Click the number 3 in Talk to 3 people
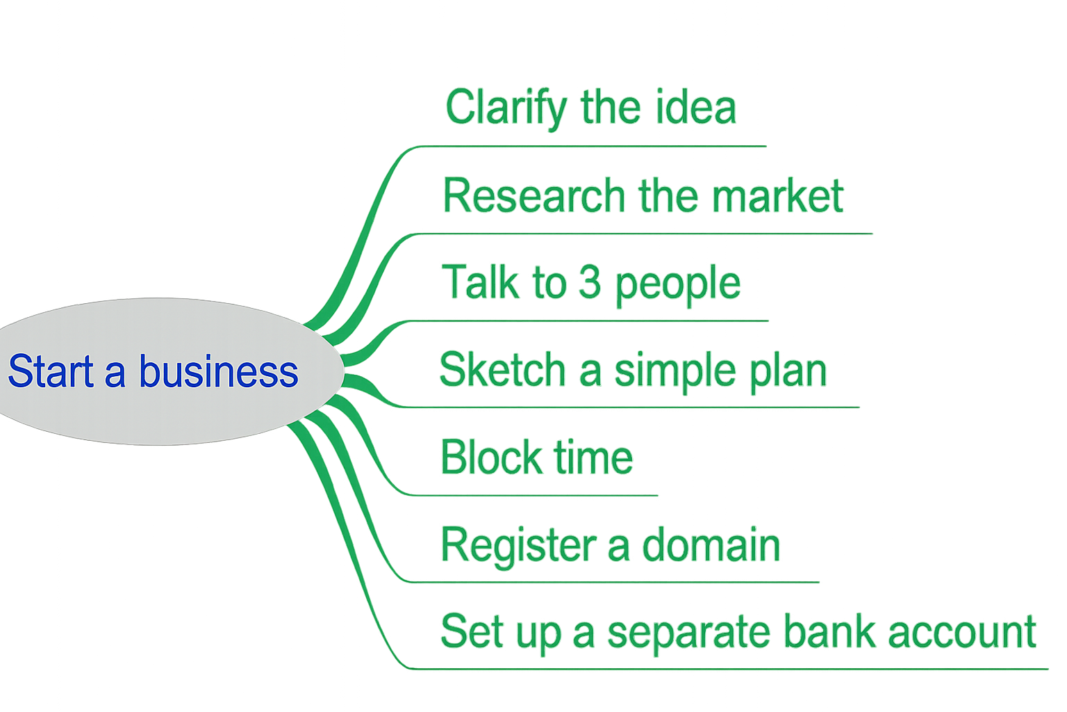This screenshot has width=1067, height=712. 590,282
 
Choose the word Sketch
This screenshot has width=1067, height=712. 502,370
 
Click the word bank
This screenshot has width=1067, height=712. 829,631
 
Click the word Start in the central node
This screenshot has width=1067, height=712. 50,371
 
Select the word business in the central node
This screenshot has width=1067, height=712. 218,371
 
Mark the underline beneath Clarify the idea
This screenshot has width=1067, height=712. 590,147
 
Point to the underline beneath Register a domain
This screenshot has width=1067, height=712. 611,582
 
